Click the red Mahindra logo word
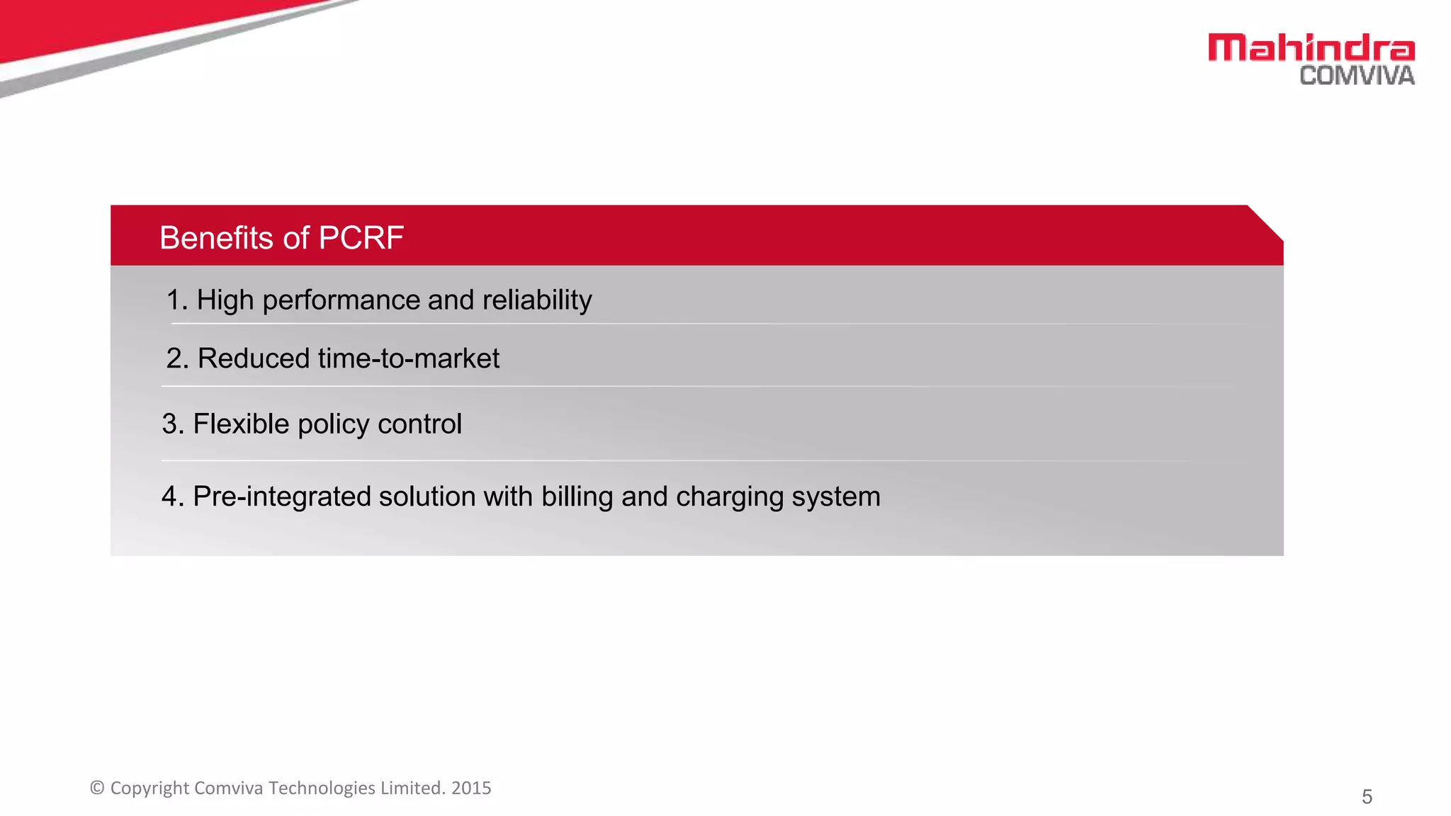[1311, 48]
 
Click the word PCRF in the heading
[361, 238]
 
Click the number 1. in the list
[176, 300]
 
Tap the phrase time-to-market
[408, 358]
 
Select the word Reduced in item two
[253, 358]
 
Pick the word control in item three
[419, 424]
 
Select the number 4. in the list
[172, 497]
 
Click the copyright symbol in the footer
[97, 788]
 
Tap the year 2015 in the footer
[471, 788]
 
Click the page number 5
[1367, 797]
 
